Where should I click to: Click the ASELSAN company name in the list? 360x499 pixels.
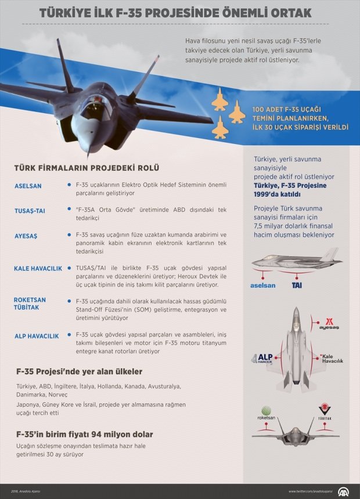28,186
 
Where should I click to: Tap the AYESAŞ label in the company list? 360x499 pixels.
26,236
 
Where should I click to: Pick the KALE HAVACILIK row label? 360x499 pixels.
38,269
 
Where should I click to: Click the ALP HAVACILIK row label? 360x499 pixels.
37,336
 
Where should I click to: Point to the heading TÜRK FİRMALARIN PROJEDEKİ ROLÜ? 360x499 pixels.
87,168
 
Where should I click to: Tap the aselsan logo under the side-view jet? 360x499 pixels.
262,285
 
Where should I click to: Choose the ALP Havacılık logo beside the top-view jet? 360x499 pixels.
262,358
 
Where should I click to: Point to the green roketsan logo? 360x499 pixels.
266,413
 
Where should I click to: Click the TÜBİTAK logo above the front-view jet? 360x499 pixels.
324,413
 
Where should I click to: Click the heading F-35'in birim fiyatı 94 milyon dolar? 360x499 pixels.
85,433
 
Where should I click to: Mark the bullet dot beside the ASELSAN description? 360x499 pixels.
69,185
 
